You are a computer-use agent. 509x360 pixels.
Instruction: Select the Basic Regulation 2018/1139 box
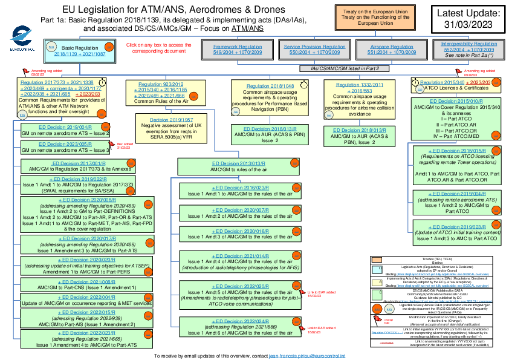click(x=79, y=50)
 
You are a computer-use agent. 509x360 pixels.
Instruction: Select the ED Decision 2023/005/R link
click(x=65, y=145)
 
